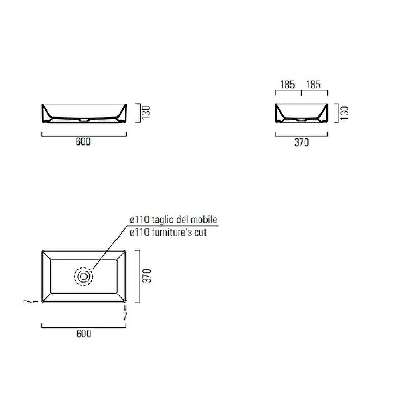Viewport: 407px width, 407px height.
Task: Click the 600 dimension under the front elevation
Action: coord(83,142)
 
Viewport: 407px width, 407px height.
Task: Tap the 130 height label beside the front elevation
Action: coord(146,112)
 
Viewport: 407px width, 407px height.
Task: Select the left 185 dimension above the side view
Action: coord(287,84)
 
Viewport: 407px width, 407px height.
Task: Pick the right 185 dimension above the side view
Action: coord(313,84)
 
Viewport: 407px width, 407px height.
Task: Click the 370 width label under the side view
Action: coord(302,142)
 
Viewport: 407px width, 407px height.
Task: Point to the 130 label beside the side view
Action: coord(345,113)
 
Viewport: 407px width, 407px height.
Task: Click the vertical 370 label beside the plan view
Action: coord(147,276)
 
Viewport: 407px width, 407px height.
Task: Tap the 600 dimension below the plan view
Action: coord(84,334)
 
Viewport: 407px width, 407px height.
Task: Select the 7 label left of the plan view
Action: coord(26,302)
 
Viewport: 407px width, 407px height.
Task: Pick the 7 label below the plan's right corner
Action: coord(125,316)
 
